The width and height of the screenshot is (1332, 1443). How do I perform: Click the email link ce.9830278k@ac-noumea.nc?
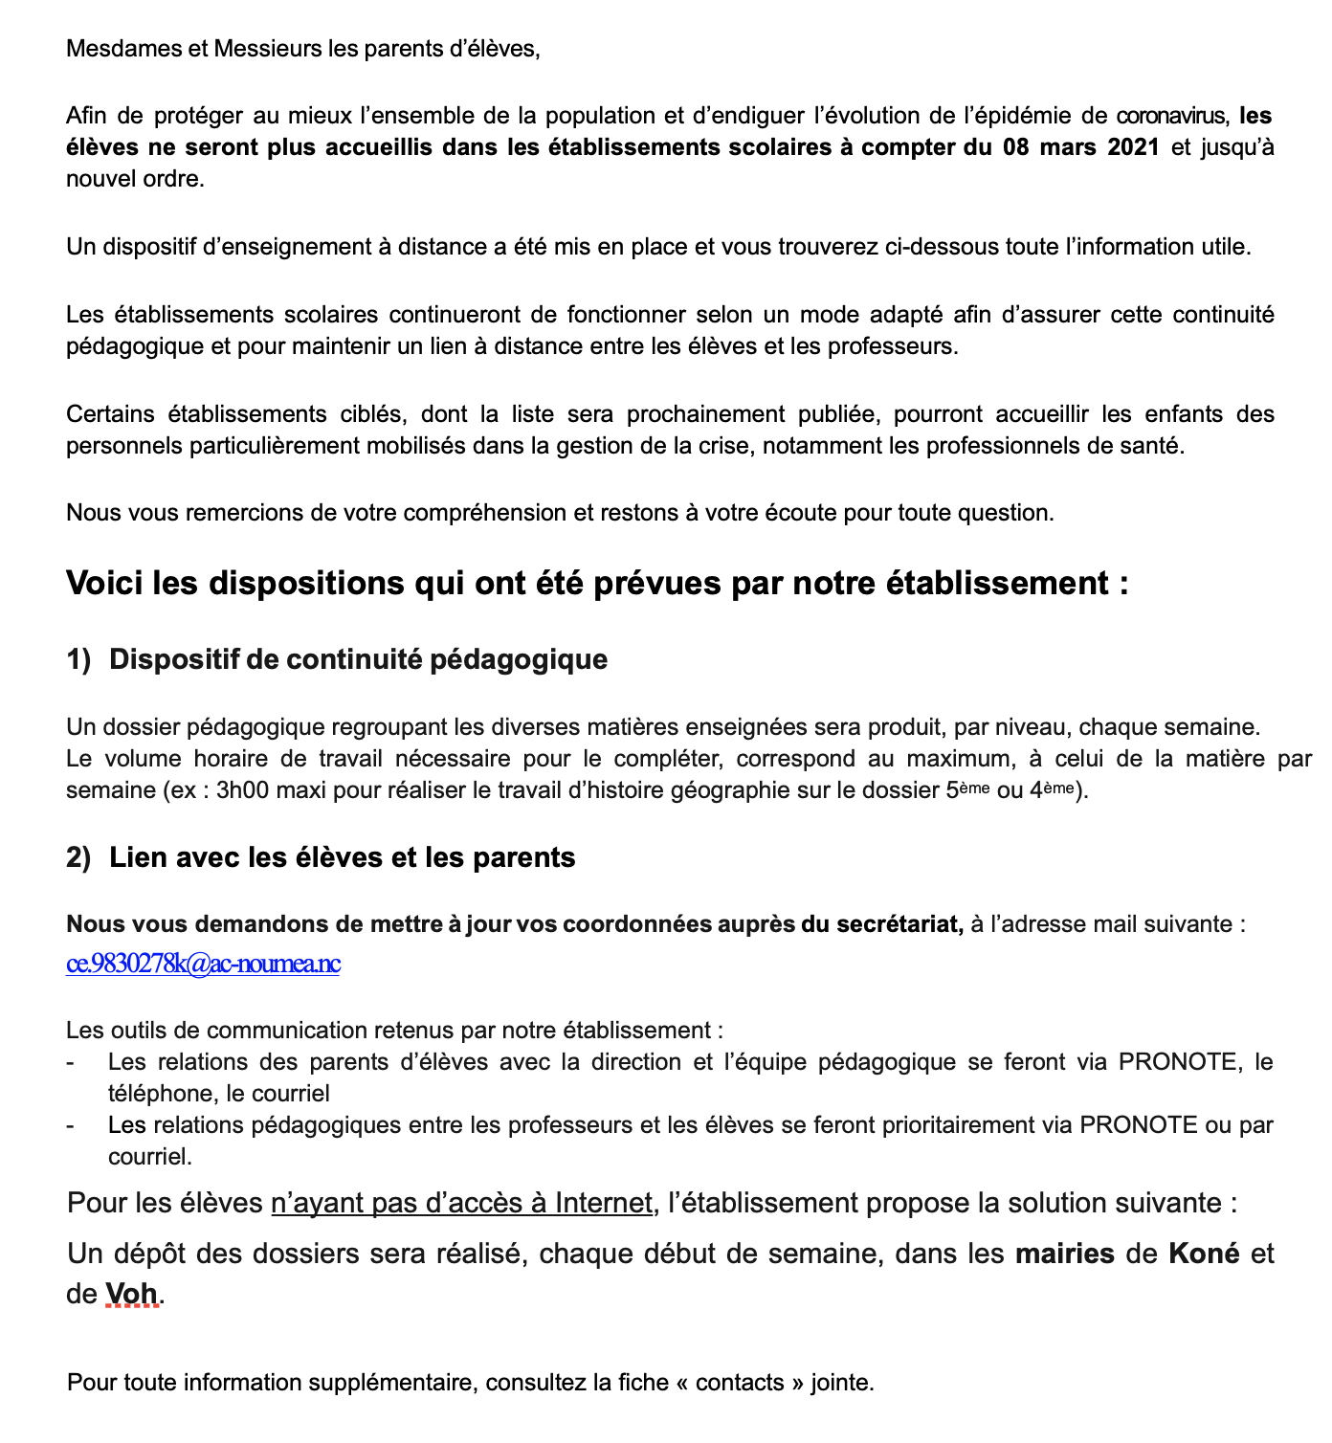203,964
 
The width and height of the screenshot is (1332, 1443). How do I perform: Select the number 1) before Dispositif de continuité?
78,660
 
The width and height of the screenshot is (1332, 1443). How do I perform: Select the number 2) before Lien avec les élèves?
78,858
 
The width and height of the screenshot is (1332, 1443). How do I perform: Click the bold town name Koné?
1204,1254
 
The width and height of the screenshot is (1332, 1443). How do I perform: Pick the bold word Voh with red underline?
131,1295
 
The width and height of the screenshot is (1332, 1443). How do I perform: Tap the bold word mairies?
1064,1254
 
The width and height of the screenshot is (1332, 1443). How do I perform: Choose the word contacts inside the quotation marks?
740,1384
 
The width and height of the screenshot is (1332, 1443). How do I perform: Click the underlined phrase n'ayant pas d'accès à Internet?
461,1204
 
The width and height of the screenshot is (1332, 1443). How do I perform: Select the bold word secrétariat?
899,925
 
